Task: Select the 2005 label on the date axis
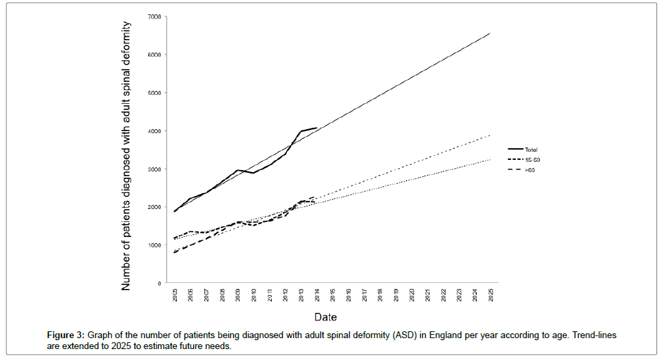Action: pyautogui.click(x=175, y=295)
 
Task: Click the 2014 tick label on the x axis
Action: pyautogui.click(x=317, y=295)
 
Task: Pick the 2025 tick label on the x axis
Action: pyautogui.click(x=490, y=295)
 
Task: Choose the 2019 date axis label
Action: pyautogui.click(x=396, y=295)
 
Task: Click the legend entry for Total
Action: pyautogui.click(x=532, y=148)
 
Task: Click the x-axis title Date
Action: pyautogui.click(x=325, y=317)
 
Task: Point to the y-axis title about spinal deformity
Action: pyautogui.click(x=127, y=156)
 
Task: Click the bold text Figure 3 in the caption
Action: pyautogui.click(x=65, y=335)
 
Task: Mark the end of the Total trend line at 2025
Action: pyautogui.click(x=490, y=33)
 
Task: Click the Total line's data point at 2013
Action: pyautogui.click(x=301, y=131)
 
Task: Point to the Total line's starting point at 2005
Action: pyautogui.click(x=175, y=211)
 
